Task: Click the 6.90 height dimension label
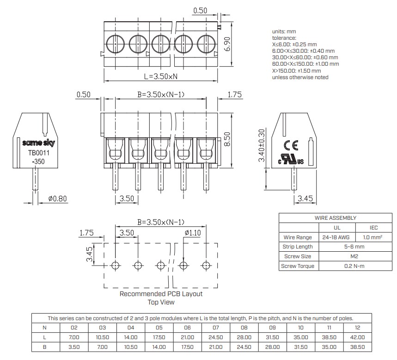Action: click(x=227, y=45)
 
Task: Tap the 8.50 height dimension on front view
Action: click(x=226, y=139)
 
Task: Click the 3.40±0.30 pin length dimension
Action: click(x=262, y=145)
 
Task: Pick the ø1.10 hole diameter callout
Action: click(x=192, y=233)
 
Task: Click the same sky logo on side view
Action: click(x=36, y=143)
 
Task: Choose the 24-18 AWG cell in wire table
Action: click(x=337, y=237)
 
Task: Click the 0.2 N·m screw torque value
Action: click(x=354, y=266)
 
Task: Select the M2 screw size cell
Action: click(x=354, y=256)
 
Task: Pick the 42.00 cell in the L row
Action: click(x=358, y=337)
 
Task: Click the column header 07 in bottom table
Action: click(x=216, y=328)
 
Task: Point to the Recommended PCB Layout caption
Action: click(x=161, y=294)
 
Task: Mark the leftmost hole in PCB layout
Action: click(x=115, y=266)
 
